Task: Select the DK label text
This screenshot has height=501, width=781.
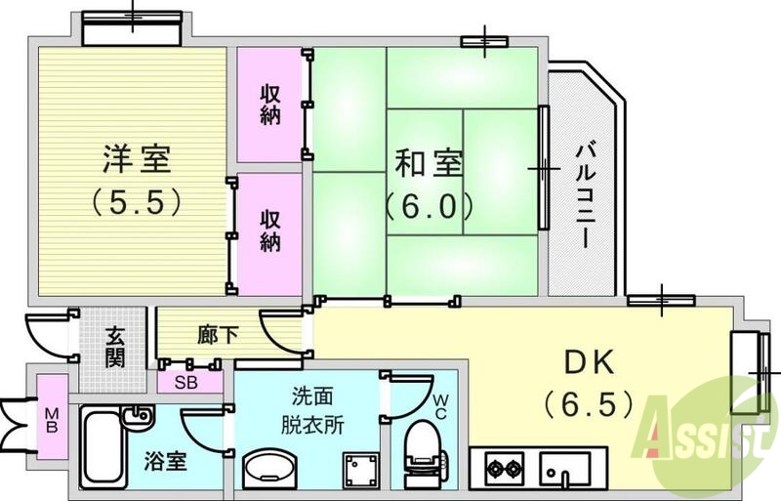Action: (x=590, y=362)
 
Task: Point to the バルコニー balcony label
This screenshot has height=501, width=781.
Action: (x=585, y=196)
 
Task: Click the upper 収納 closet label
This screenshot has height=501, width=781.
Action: (x=271, y=104)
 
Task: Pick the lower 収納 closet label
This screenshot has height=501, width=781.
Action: (x=271, y=230)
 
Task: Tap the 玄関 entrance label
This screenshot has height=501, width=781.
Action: (x=115, y=347)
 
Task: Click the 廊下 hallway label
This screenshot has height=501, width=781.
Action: (x=218, y=335)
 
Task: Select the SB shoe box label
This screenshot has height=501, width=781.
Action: (x=185, y=383)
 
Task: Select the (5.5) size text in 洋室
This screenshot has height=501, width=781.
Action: (x=137, y=201)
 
